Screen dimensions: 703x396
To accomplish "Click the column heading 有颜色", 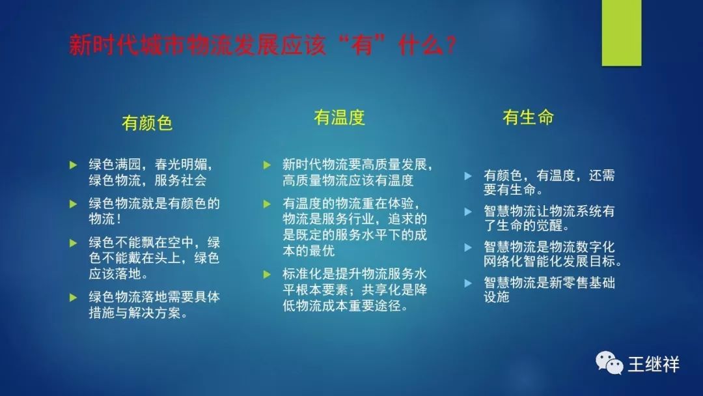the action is coord(147,123).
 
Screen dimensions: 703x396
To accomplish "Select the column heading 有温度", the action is coord(339,117).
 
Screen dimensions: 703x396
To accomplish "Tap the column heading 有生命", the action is coord(528,117).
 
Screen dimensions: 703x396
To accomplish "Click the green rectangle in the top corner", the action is coord(622,33).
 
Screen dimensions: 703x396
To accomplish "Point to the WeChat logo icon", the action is coord(609,363).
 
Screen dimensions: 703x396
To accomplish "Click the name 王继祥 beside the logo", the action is coord(654,364).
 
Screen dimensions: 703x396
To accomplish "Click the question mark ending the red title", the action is coord(450,46).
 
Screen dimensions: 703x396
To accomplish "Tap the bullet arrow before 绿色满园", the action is coord(74,165).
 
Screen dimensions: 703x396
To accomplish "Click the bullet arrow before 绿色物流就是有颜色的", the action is coord(74,204).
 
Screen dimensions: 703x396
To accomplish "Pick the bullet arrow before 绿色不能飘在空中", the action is coord(74,243).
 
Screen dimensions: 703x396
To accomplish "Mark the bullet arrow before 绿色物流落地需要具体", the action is coord(74,298).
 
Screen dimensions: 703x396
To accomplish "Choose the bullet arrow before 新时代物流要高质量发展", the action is coord(268,165).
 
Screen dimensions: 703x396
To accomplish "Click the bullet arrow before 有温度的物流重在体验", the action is coord(268,204).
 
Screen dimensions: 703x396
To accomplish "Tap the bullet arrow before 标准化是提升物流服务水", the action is coord(268,274).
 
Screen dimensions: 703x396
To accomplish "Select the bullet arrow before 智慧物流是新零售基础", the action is coord(468,283).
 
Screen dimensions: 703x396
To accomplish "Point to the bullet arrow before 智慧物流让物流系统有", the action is coord(468,212).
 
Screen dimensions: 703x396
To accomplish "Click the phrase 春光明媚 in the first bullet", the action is coord(181,165).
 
